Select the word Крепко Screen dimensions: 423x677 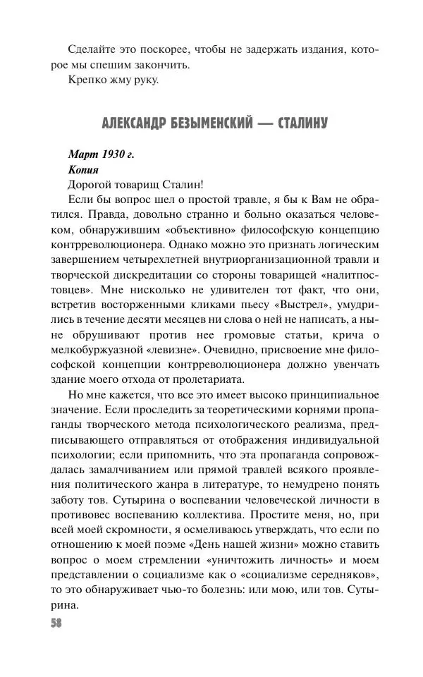tap(87, 80)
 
